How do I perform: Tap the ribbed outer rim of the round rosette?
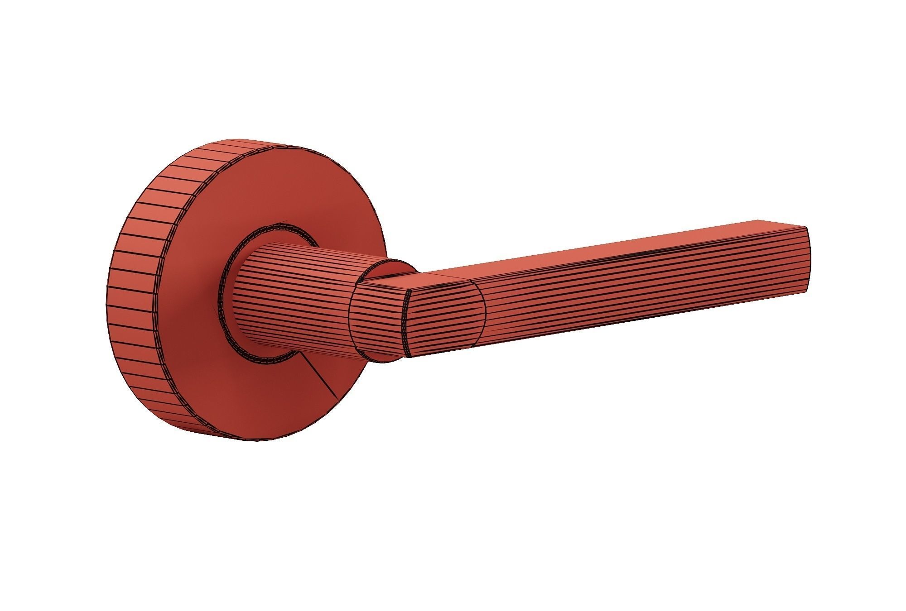(x=136, y=290)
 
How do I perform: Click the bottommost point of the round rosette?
(x=254, y=441)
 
